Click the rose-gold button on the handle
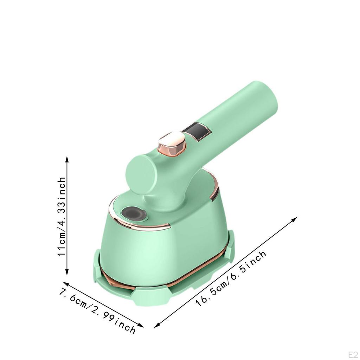171,144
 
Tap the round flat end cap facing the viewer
141,174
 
